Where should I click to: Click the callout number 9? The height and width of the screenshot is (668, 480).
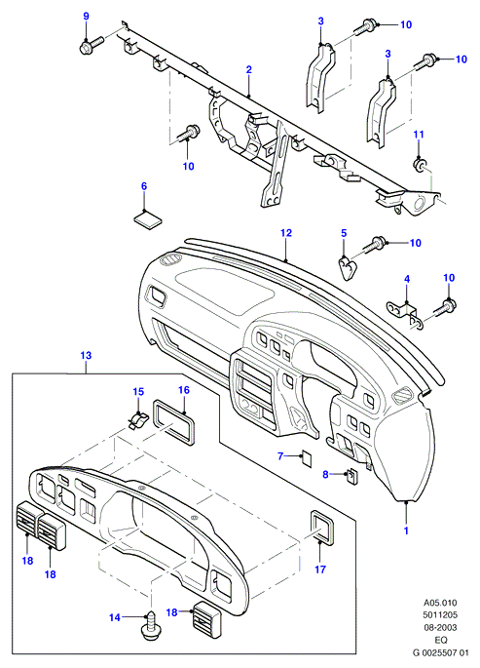87,17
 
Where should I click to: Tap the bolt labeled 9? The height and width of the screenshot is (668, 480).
92,45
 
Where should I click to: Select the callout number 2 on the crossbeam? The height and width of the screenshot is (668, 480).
248,69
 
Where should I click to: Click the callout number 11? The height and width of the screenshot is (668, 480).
419,135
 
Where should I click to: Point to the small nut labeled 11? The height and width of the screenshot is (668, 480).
419,165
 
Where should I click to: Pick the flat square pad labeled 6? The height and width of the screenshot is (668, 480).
148,219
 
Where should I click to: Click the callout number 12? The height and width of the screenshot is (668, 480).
286,233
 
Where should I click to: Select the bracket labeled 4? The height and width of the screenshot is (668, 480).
403,313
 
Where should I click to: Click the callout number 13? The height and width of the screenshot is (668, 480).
86,355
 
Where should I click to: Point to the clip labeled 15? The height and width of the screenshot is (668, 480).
138,419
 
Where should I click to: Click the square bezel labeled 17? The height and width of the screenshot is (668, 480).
322,528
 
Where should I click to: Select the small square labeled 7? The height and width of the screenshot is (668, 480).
307,458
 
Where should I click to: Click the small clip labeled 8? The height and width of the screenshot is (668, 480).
351,476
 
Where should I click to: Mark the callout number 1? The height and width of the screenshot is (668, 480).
406,530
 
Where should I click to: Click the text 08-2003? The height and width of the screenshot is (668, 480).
440,627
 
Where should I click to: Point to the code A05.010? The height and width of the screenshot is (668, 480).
440,603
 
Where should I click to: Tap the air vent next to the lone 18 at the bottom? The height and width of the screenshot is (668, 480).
206,617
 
